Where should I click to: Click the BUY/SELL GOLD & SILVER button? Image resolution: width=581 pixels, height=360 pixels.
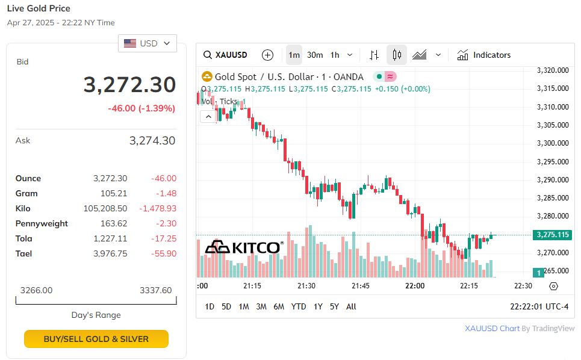click(96, 339)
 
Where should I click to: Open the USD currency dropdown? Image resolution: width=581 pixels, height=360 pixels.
click(148, 43)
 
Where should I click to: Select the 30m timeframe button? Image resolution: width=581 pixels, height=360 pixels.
click(315, 55)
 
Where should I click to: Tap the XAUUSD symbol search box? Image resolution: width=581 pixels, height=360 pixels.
click(226, 55)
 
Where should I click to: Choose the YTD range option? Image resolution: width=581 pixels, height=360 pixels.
click(299, 306)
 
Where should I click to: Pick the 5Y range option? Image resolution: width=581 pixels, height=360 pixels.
click(334, 306)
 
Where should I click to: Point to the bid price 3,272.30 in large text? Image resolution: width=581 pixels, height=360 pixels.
click(129, 85)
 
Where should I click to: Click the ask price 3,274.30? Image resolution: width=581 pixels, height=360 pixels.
click(152, 141)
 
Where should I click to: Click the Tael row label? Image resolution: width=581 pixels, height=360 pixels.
click(23, 253)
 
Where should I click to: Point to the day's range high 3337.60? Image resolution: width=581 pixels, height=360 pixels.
click(155, 290)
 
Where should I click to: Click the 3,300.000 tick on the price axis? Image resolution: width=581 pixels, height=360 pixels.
click(553, 143)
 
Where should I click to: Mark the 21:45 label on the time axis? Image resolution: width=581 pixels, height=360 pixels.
click(361, 286)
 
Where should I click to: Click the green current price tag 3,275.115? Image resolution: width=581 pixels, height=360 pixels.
click(551, 235)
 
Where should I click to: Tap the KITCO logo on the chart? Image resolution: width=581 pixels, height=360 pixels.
click(244, 247)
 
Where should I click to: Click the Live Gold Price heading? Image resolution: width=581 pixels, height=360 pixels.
click(39, 8)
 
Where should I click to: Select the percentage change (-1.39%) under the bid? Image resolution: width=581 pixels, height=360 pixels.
click(157, 108)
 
